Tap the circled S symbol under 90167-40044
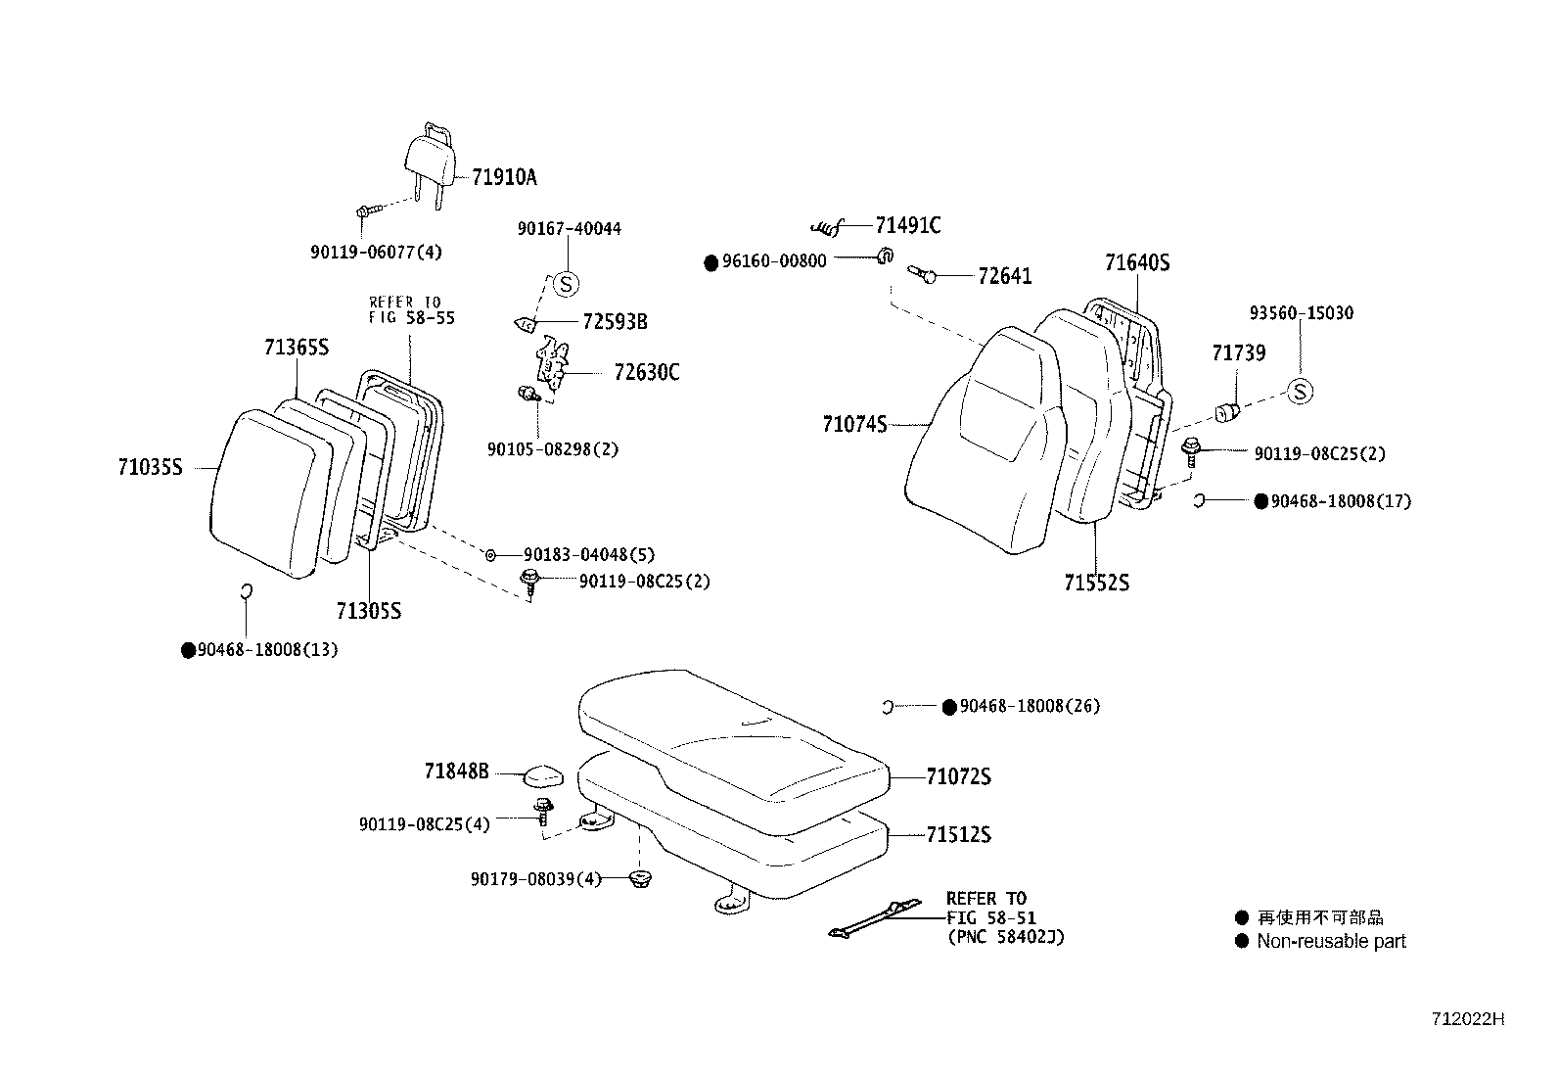[566, 284]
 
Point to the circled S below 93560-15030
[1300, 392]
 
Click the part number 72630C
[646, 373]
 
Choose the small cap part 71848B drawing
[543, 775]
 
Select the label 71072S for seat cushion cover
[958, 777]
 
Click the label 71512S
[958, 835]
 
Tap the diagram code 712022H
[1467, 1019]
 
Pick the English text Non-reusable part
[1331, 942]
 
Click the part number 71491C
[907, 226]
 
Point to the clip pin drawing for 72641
[924, 276]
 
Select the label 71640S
[1137, 263]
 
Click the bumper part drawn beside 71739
[1228, 411]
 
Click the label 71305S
[368, 612]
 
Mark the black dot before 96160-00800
[711, 262]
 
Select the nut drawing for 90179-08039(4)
[640, 879]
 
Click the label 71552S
[1096, 584]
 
